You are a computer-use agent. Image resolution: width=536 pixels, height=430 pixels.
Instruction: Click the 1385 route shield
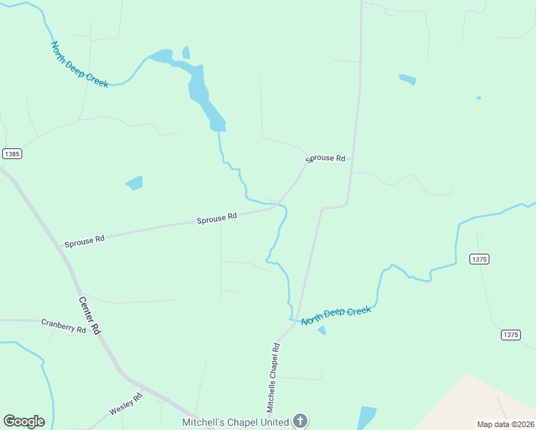point(12,154)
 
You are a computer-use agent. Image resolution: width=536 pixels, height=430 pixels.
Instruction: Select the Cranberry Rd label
point(63,326)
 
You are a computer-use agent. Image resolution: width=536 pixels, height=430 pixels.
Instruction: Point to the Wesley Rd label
point(125,404)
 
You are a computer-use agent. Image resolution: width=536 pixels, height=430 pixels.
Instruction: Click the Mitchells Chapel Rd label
point(273,376)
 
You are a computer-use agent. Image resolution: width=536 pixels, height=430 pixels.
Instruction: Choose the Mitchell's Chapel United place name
point(235,422)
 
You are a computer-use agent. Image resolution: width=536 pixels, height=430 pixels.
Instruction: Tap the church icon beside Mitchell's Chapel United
point(300,421)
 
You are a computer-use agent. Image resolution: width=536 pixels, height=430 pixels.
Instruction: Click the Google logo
point(24,421)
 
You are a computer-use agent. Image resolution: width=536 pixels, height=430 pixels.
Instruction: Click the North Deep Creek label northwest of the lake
point(80,64)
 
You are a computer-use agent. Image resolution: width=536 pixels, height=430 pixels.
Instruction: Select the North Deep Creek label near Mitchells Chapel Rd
point(336,315)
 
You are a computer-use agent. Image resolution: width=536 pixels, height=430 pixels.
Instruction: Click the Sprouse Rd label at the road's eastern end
point(325,158)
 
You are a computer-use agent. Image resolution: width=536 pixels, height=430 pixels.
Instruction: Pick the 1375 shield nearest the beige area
point(510,335)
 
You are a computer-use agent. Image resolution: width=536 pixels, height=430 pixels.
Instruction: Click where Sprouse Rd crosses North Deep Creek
point(276,205)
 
